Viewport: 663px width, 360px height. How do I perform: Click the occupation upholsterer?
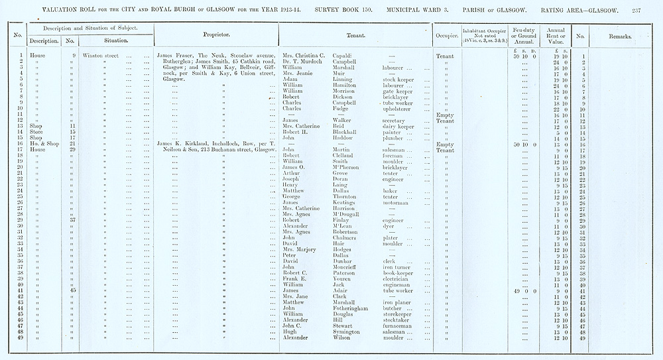pyautogui.click(x=399, y=109)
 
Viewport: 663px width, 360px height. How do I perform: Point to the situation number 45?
pyautogui.click(x=73, y=290)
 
